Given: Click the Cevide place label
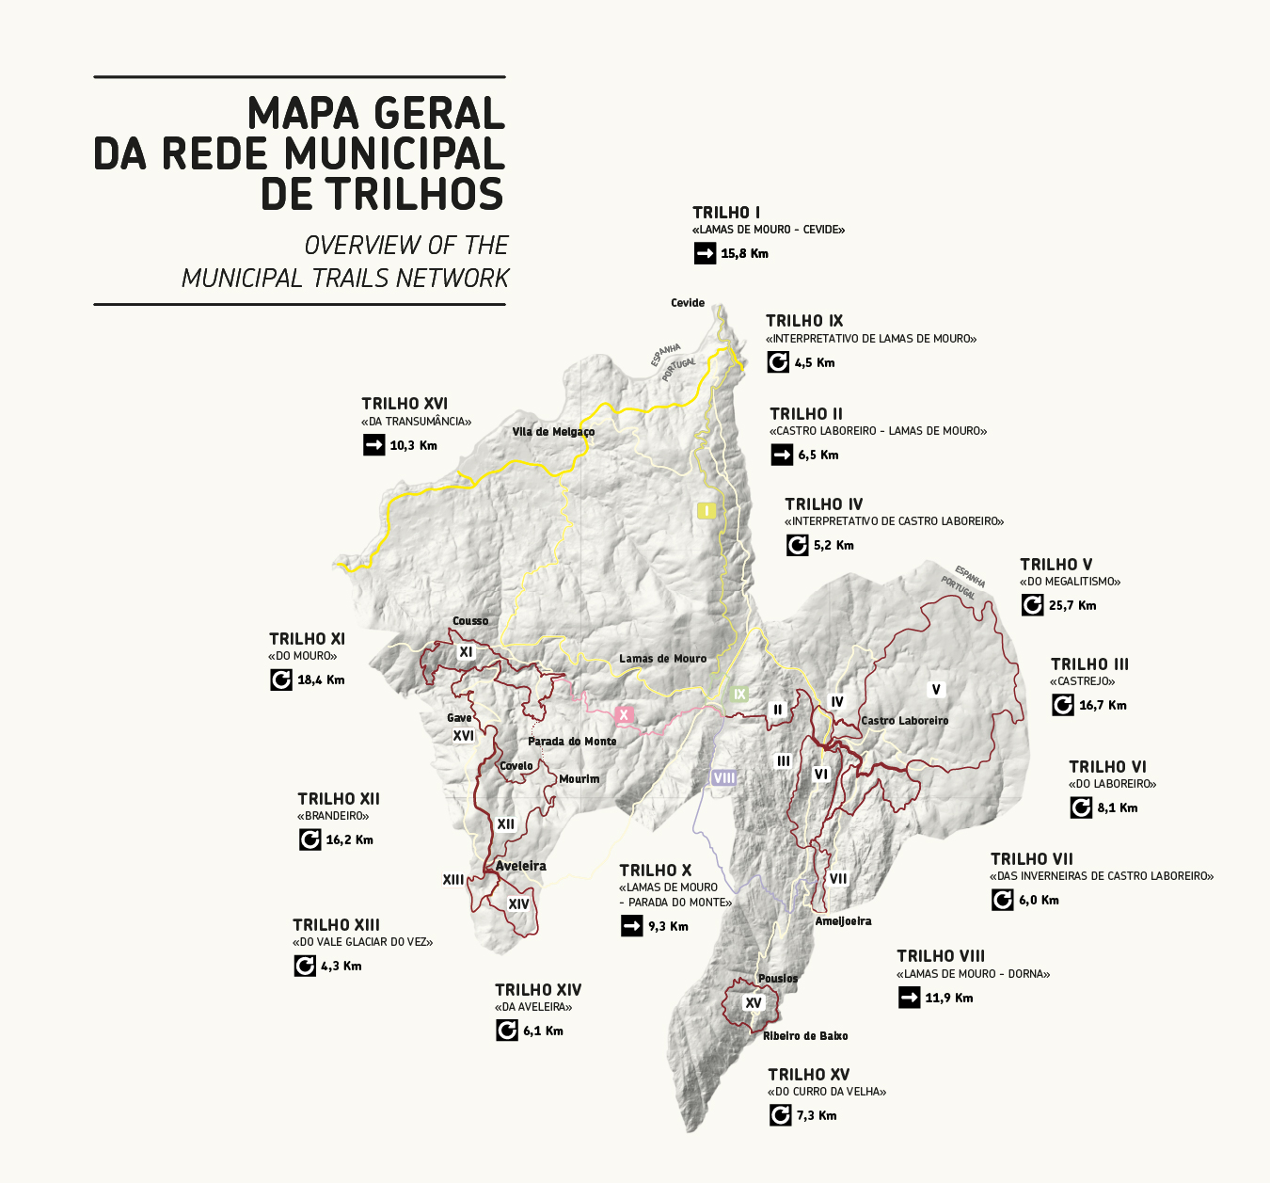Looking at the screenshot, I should [688, 303].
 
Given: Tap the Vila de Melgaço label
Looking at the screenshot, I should [553, 432].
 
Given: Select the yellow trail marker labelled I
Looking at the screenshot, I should [706, 510].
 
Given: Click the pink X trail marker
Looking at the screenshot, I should [623, 715].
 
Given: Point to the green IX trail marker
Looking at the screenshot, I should [739, 695].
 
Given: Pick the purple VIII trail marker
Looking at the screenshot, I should [723, 777].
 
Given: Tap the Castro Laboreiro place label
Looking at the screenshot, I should [905, 721].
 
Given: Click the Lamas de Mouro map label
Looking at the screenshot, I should [662, 659].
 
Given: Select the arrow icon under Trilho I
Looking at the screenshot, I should [705, 253].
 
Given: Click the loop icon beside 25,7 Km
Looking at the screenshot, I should [1032, 605].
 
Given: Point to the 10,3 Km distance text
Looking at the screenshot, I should [414, 445].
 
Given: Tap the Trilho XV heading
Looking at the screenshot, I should [808, 1075].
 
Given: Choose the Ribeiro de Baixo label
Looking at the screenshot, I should [805, 1036].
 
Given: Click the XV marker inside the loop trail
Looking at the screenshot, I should [753, 1003].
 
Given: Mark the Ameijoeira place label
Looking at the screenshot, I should [843, 921].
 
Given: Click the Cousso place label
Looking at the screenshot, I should [470, 621].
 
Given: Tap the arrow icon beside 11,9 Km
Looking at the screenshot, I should [909, 998].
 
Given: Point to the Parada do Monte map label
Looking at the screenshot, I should [572, 742].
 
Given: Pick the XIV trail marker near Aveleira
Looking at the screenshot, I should [518, 904].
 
